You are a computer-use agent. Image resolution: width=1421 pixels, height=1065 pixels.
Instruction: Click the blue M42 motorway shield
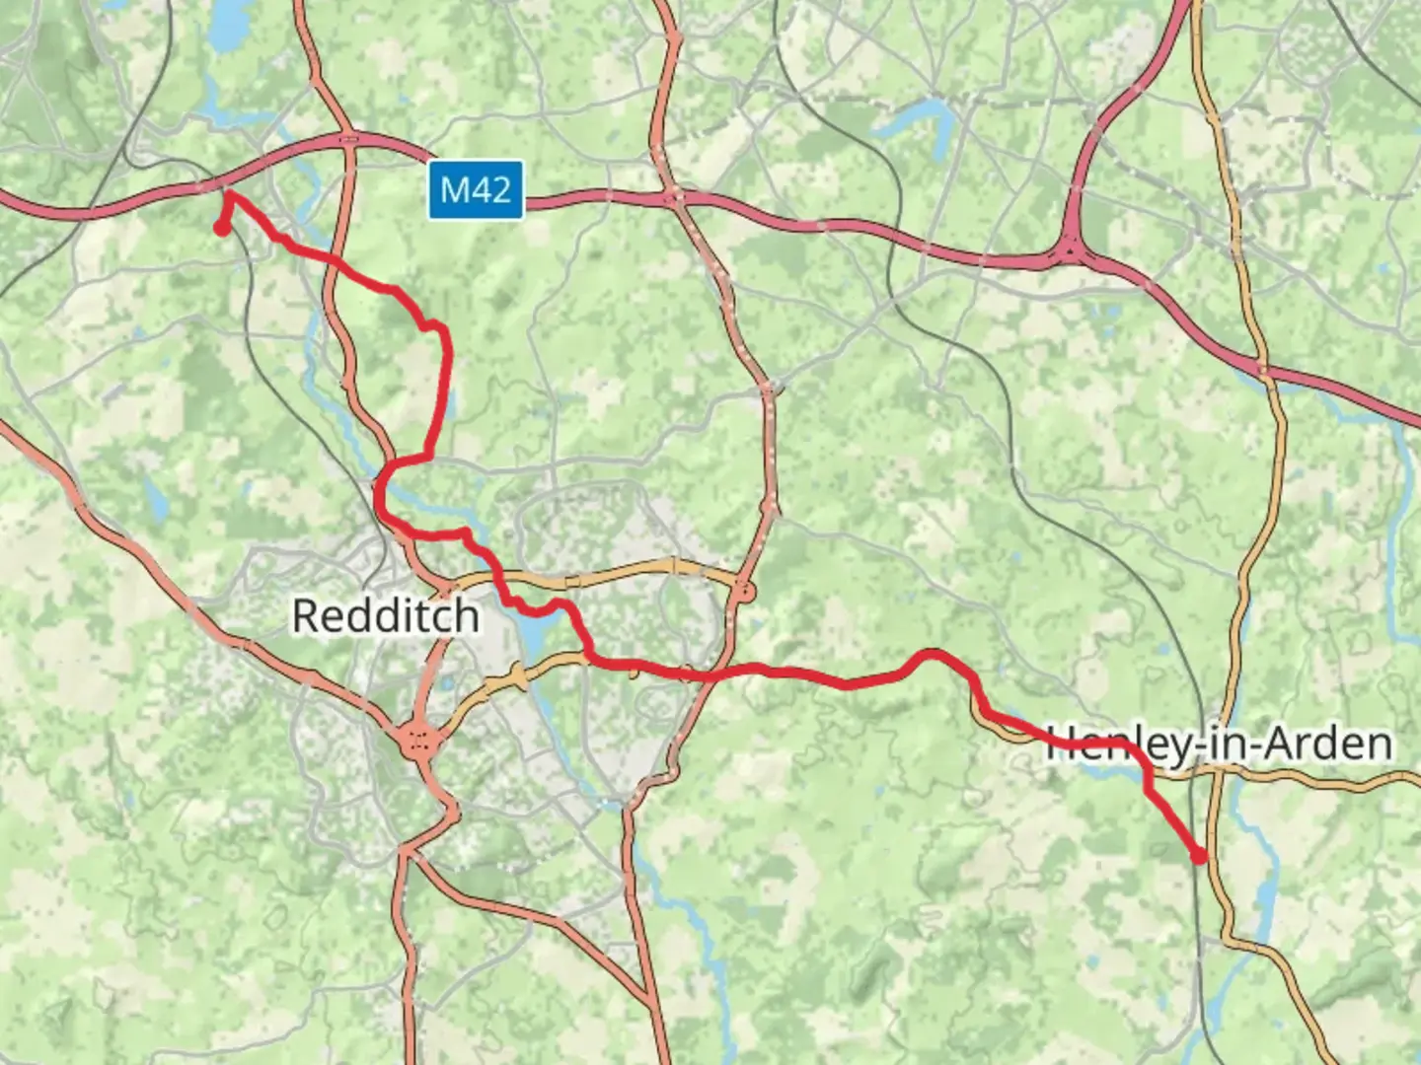475,189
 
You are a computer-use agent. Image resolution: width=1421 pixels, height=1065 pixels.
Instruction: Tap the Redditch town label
386,616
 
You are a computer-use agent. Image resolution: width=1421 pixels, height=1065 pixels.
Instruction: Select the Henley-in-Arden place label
1219,744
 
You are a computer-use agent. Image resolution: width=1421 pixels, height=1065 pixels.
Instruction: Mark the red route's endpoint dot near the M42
221,229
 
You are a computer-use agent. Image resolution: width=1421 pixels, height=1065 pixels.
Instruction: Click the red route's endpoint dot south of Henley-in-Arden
1200,856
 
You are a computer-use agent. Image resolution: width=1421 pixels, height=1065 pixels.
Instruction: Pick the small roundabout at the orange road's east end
744,592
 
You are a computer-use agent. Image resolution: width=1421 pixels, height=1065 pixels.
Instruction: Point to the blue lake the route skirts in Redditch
530,632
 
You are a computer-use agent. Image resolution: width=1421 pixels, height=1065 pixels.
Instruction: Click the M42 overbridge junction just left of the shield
347,139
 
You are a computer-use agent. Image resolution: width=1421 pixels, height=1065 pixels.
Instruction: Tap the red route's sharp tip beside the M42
229,194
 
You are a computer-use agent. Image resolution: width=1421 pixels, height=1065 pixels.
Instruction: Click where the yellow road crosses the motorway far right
1263,369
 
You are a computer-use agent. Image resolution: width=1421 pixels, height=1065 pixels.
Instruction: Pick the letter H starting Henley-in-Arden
1060,744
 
